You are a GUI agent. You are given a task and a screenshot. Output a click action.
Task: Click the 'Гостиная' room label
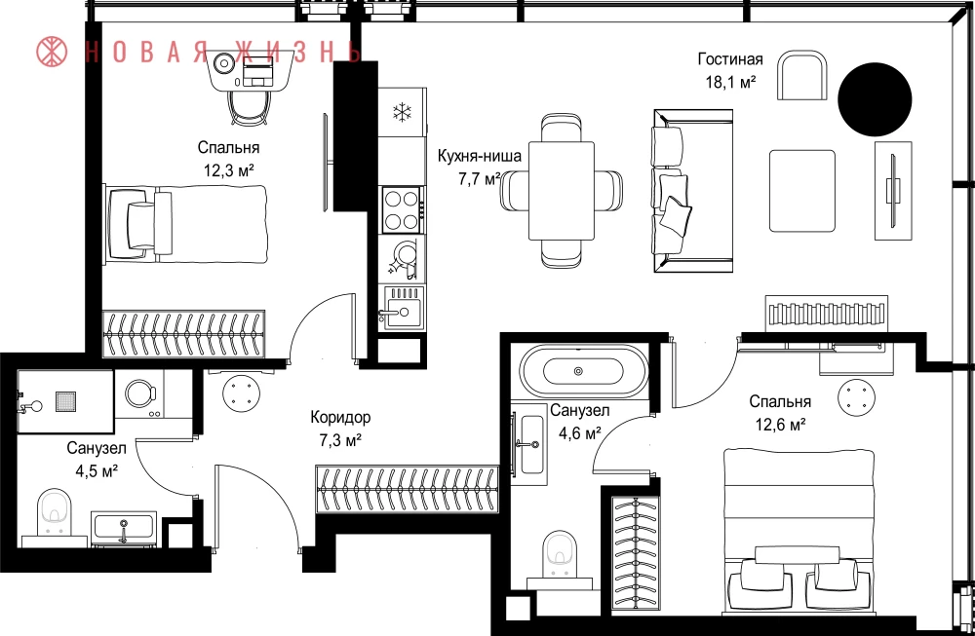click(730, 59)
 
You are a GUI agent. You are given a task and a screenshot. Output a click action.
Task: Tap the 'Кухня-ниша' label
click(480, 156)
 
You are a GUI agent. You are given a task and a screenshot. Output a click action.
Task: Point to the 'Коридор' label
click(340, 417)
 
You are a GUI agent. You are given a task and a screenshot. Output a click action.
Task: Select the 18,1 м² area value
click(730, 82)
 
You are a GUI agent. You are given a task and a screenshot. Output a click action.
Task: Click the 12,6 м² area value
click(780, 425)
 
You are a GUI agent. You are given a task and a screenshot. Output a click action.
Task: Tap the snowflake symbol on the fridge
click(403, 112)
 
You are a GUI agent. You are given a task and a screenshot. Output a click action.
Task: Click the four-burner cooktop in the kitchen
click(402, 209)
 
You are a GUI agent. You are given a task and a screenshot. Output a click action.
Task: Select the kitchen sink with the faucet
click(402, 310)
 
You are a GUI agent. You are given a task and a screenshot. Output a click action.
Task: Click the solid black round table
click(875, 99)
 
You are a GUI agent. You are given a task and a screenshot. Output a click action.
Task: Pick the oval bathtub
click(582, 371)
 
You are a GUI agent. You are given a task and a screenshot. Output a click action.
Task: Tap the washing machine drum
click(138, 393)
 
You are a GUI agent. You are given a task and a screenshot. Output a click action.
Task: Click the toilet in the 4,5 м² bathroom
click(54, 512)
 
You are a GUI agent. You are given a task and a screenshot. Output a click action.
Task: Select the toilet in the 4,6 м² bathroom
click(559, 553)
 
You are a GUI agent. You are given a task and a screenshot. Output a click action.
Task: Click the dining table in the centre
click(561, 191)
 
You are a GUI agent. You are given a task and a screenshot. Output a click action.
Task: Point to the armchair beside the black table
click(802, 76)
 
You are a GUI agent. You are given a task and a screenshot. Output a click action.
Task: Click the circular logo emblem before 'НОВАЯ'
click(53, 52)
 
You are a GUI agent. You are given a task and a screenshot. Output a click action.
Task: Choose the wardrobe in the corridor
click(408, 490)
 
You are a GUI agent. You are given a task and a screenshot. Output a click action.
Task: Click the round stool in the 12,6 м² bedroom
click(856, 397)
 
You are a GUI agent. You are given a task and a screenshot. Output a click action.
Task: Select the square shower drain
click(65, 400)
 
